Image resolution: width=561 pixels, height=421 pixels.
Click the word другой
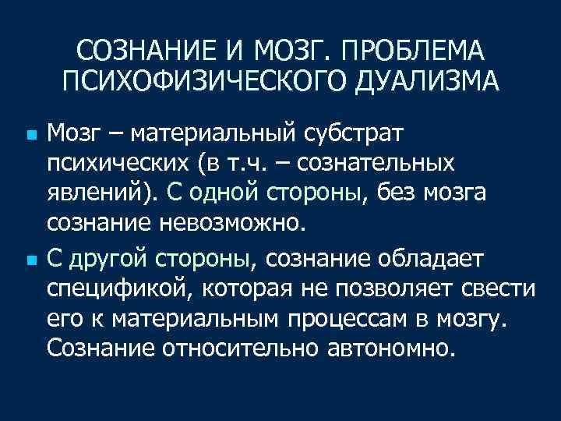pyautogui.click(x=107, y=257)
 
